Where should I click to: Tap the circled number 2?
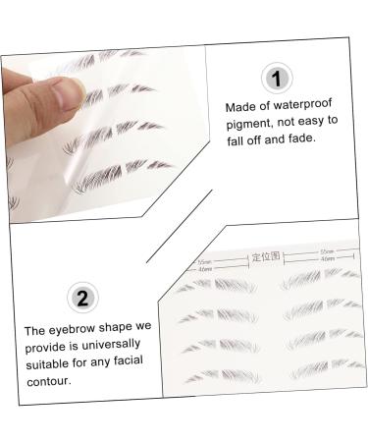pyautogui.click(x=83, y=297)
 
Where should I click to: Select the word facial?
pyautogui.click(x=128, y=362)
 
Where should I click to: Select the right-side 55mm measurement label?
pyautogui.click(x=326, y=252)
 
